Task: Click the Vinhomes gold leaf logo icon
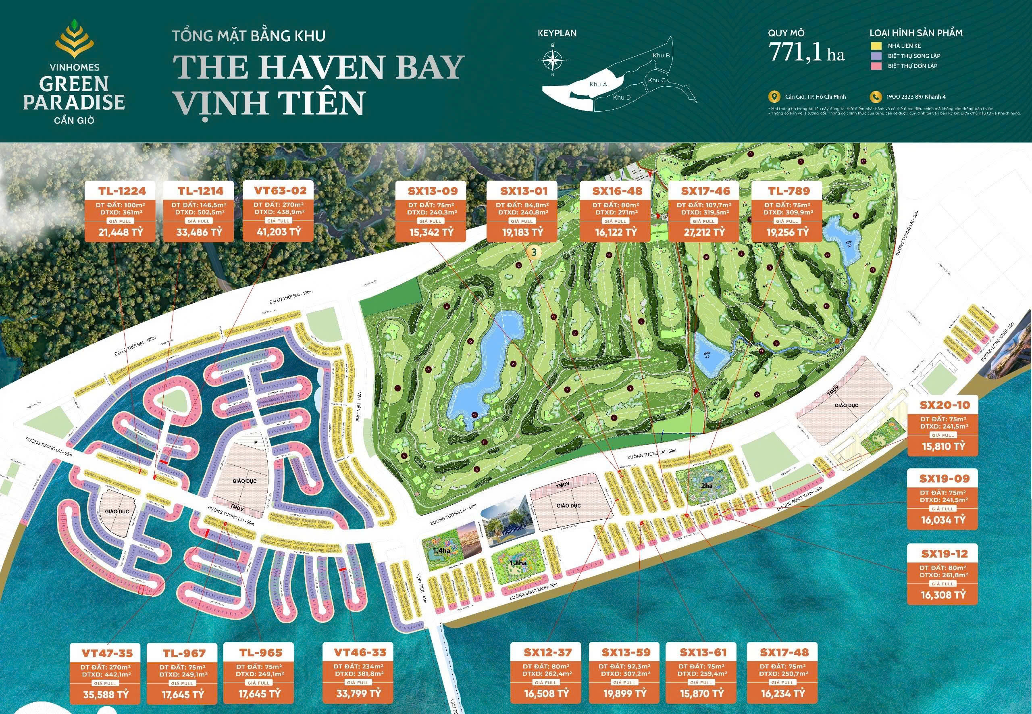[74, 42]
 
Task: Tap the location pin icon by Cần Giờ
[772, 97]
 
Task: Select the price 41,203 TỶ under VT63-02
[278, 232]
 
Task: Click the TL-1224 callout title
[122, 191]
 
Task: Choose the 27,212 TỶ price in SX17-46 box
[703, 233]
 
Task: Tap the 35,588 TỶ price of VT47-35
[106, 695]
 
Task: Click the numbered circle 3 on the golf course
[533, 252]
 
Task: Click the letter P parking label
[256, 442]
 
